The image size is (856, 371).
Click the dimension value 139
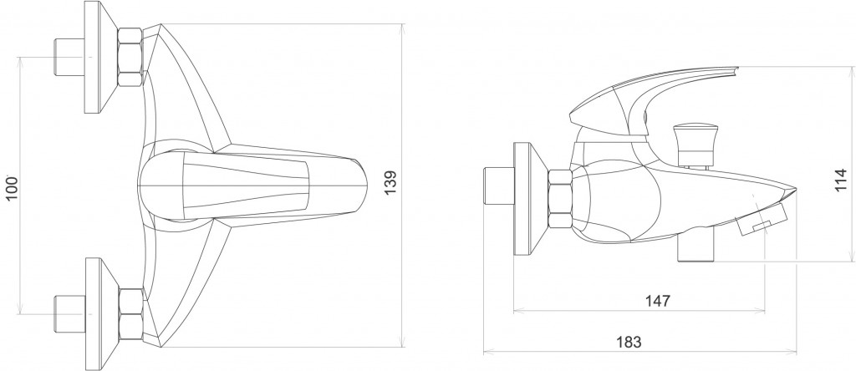point(391,183)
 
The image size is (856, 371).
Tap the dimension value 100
point(12,188)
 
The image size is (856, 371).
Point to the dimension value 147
point(658,301)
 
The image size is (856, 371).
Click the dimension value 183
point(629,342)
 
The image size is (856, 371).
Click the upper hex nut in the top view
point(130,58)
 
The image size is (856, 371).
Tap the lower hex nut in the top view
point(131,314)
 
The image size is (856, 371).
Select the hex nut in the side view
point(560,199)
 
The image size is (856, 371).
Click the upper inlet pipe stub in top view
point(70,57)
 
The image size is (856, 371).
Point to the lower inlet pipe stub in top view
point(70,313)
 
